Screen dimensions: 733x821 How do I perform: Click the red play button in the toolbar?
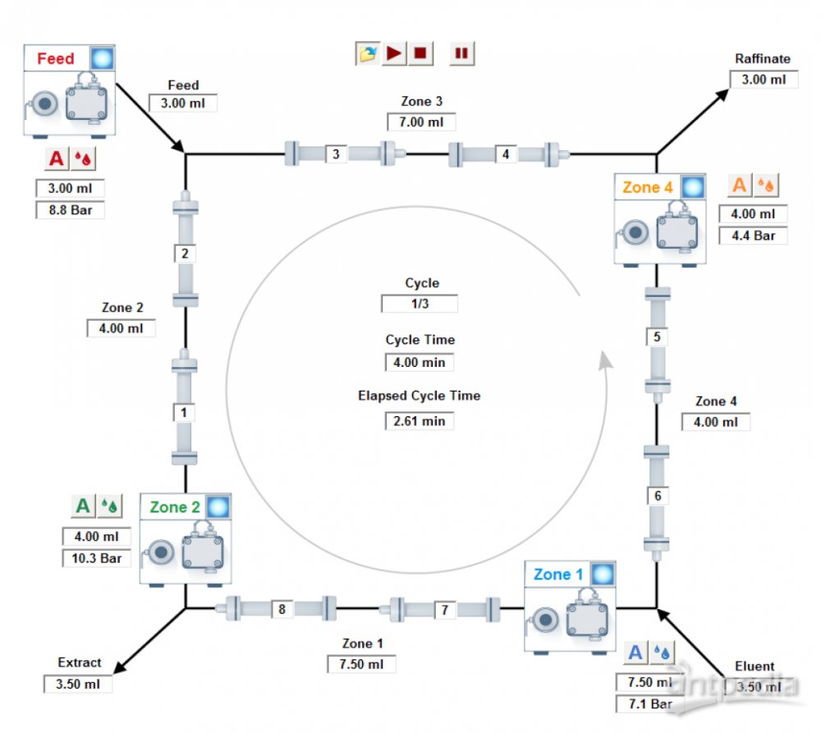[394, 53]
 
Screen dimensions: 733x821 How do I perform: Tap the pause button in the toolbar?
[461, 53]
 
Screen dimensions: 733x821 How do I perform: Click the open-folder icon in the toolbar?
[368, 53]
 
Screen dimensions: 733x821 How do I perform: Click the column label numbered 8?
[282, 609]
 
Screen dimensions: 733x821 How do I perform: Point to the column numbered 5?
[657, 337]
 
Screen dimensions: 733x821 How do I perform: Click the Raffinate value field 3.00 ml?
[764, 80]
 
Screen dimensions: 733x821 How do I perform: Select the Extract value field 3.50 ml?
[78, 684]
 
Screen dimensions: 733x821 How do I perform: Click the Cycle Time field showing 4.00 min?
[420, 361]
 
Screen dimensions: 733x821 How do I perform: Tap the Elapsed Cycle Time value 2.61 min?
[420, 420]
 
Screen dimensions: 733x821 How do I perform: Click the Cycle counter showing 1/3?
[420, 304]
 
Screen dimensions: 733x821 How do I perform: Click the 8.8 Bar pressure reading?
[70, 210]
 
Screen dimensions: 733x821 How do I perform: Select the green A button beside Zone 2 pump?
[83, 506]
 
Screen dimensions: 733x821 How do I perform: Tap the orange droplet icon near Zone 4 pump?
[766, 186]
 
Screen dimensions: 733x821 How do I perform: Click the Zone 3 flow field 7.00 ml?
[421, 121]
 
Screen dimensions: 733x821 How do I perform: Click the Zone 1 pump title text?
[557, 575]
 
